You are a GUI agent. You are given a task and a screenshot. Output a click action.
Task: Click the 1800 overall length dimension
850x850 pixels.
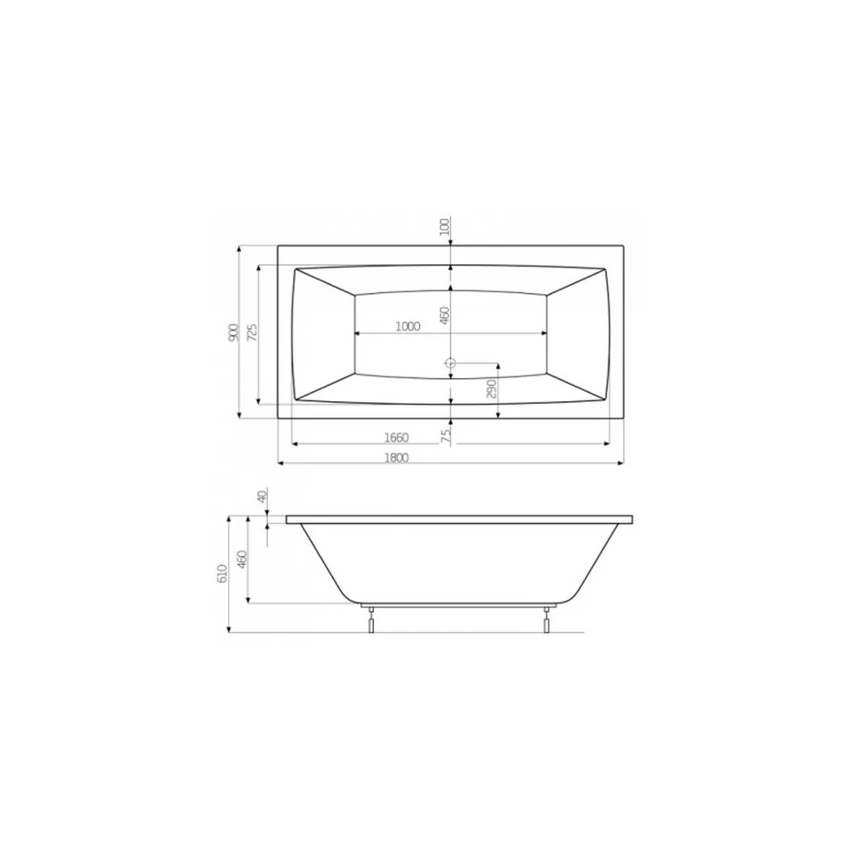(x=396, y=457)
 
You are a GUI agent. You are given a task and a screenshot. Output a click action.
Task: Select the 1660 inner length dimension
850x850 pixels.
(x=396, y=438)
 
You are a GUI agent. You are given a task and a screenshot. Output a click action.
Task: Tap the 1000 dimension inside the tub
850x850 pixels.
(x=408, y=326)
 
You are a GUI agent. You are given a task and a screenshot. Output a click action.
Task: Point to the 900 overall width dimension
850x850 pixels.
(x=233, y=332)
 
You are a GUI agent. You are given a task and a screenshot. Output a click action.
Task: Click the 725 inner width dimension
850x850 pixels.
(x=252, y=331)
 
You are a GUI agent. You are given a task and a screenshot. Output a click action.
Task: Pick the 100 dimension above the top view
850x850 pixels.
(x=445, y=226)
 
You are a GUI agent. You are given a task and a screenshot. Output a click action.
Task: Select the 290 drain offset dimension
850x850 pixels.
(x=491, y=388)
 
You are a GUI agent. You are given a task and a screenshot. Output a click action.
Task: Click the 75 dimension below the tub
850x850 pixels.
(x=445, y=436)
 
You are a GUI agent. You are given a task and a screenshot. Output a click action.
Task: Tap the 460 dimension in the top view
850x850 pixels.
(x=445, y=315)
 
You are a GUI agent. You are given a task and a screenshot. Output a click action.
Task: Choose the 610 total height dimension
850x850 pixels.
(x=222, y=574)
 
